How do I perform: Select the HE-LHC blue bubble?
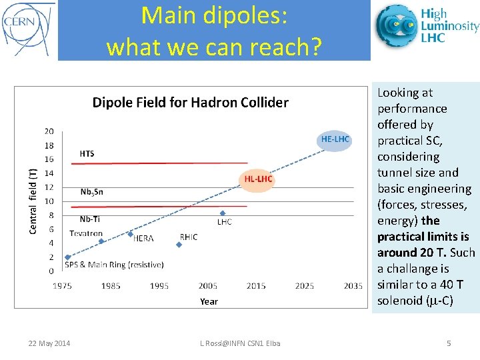(x=335, y=139)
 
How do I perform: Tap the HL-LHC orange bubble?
(x=257, y=179)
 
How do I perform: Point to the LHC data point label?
(x=224, y=222)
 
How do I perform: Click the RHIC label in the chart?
(x=189, y=237)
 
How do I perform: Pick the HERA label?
(x=143, y=238)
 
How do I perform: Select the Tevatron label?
(x=86, y=234)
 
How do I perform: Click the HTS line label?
(x=87, y=154)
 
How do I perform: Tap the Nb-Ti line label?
(x=91, y=219)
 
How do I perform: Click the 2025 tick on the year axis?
(x=305, y=286)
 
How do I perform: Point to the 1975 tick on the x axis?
(x=63, y=286)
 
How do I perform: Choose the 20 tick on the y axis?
(x=49, y=131)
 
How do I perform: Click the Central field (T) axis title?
(x=33, y=200)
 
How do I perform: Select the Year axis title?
(x=209, y=301)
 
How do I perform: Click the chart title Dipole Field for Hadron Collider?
(x=190, y=103)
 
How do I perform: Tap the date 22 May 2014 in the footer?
(x=49, y=343)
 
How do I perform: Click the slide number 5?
(x=449, y=343)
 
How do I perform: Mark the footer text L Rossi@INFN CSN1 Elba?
(x=240, y=343)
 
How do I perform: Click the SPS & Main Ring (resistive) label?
(x=114, y=265)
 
